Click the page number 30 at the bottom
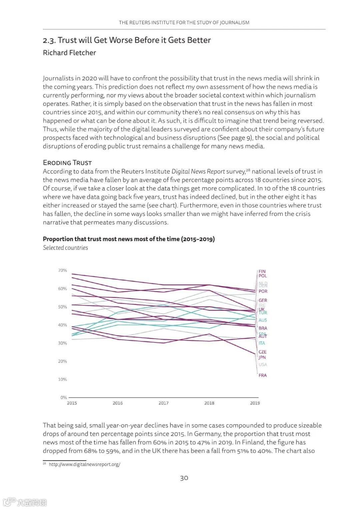click(184, 478)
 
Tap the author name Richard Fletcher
click(69, 53)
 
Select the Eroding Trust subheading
click(67, 163)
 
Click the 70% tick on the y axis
click(62, 270)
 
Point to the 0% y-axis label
click(63, 397)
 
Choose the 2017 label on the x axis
click(163, 403)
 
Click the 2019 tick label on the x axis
click(255, 403)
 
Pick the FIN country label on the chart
click(262, 271)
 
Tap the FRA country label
click(263, 375)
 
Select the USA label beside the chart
click(263, 365)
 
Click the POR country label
click(263, 291)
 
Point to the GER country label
click(263, 300)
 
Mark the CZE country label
click(263, 352)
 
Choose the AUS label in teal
click(263, 320)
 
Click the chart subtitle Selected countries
click(65, 248)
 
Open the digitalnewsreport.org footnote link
click(84, 464)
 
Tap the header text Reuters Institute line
click(184, 23)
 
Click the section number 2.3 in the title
click(49, 40)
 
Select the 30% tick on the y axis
click(62, 343)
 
